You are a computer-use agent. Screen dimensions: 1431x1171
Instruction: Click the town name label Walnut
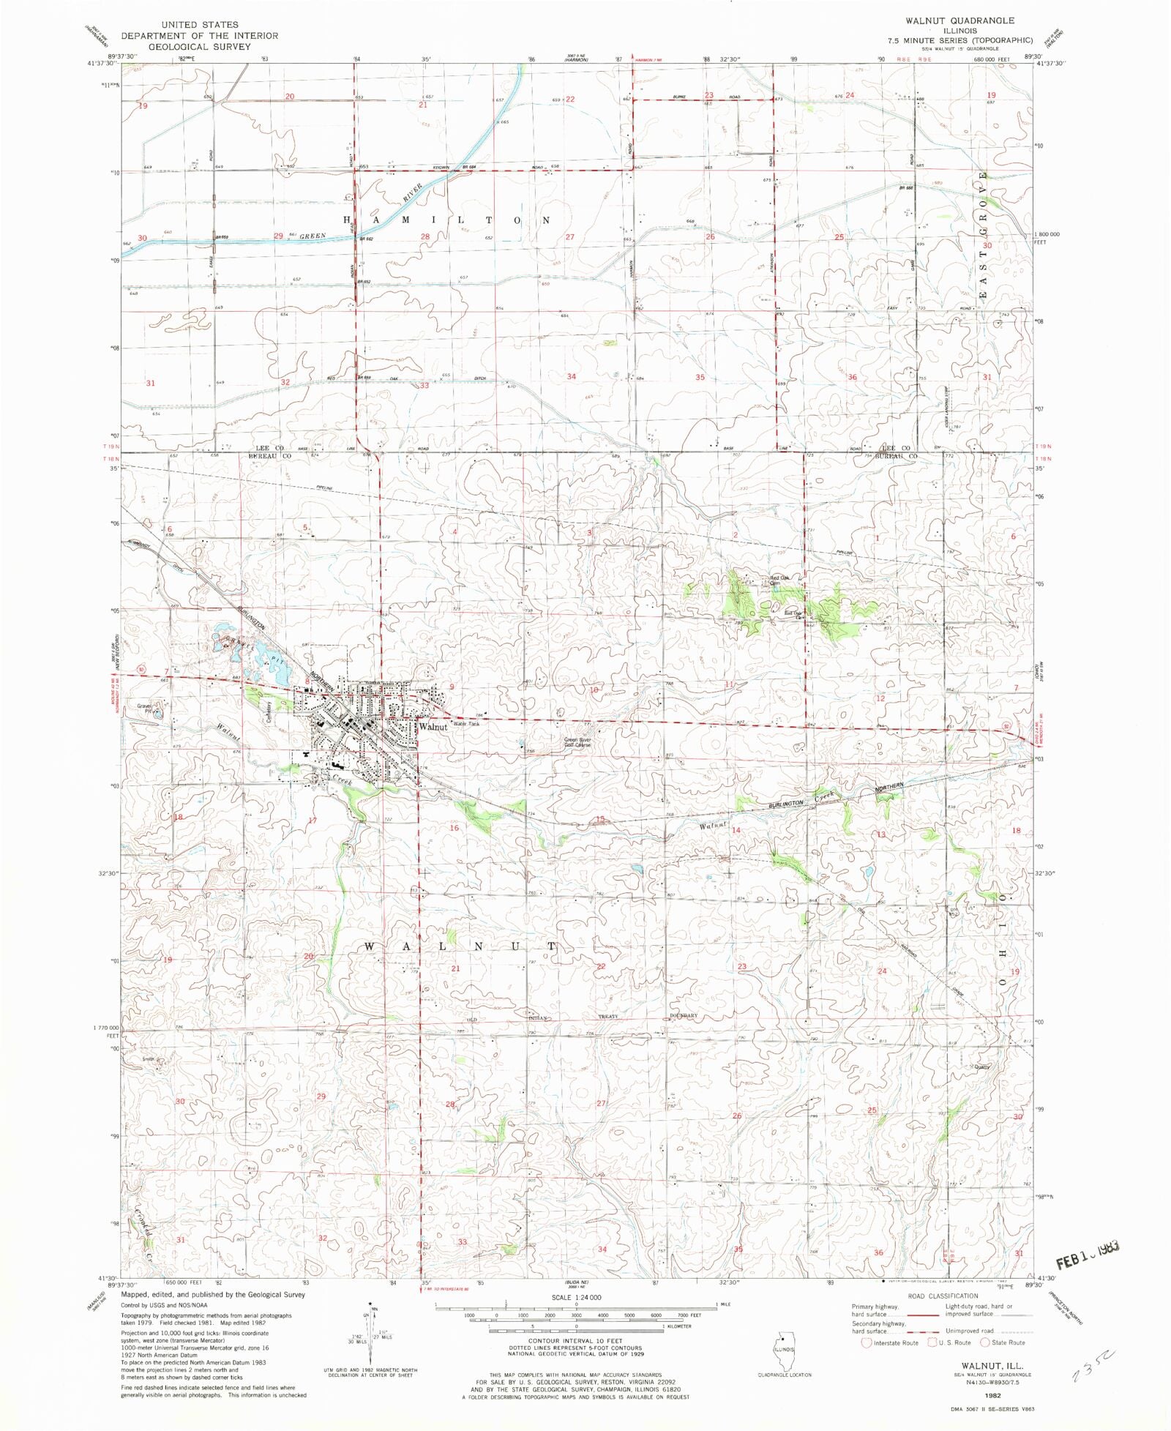click(433, 727)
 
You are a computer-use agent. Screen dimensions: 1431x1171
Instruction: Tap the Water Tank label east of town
click(465, 723)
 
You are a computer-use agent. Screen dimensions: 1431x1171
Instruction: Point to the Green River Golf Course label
click(577, 742)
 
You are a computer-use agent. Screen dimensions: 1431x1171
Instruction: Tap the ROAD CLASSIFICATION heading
click(943, 1296)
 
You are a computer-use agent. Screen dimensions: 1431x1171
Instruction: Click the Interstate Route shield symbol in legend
click(867, 1342)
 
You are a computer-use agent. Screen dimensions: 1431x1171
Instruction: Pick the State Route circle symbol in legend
click(984, 1342)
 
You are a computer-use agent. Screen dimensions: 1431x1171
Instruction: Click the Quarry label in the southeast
click(981, 1066)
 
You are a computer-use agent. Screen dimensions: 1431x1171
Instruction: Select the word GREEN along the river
click(312, 236)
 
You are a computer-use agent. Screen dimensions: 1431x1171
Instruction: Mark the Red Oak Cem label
click(779, 580)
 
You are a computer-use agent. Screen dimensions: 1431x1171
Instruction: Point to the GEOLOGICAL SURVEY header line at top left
click(199, 46)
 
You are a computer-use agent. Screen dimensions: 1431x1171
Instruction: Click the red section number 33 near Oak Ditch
click(424, 385)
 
